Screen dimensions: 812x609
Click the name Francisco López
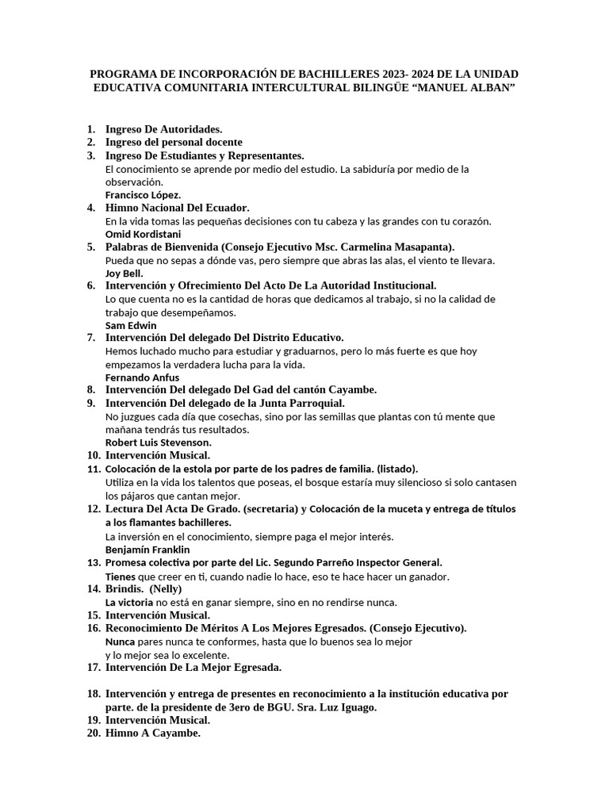coord(143,194)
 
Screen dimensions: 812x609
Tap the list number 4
coord(91,208)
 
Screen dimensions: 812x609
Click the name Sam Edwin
coord(131,325)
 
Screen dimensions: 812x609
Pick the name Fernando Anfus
coord(142,377)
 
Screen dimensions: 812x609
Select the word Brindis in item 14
coord(123,589)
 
